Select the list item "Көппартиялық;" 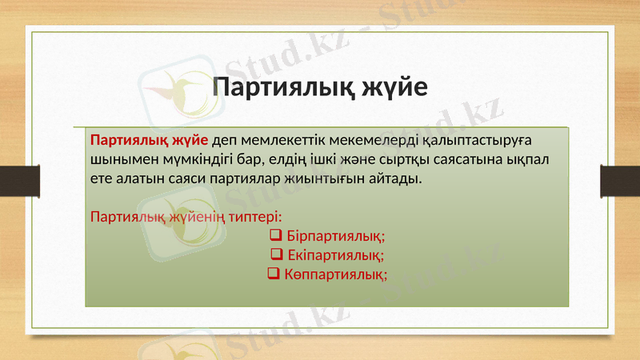coord(334,274)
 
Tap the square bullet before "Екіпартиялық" coord(277,255)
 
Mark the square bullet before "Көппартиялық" coord(272,274)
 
